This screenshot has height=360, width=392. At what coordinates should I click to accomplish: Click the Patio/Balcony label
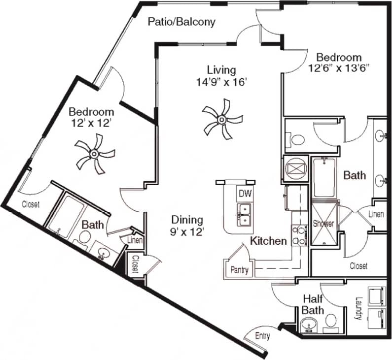[182, 22]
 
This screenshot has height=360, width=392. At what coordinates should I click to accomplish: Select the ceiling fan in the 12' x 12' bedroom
[94, 155]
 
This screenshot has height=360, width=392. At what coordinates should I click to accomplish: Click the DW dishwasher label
[245, 194]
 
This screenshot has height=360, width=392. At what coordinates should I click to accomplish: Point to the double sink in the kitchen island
[244, 215]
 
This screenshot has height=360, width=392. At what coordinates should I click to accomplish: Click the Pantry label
[240, 270]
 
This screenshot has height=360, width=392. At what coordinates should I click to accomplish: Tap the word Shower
[323, 224]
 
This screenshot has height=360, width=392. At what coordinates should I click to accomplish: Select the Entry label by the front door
[262, 336]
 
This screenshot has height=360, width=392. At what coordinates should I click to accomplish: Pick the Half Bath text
[313, 304]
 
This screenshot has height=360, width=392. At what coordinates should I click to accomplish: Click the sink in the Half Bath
[310, 325]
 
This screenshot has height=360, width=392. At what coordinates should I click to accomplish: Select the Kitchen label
[268, 241]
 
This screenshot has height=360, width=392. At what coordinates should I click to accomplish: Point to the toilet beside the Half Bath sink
[331, 321]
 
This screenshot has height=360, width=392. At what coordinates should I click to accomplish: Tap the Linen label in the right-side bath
[376, 215]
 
